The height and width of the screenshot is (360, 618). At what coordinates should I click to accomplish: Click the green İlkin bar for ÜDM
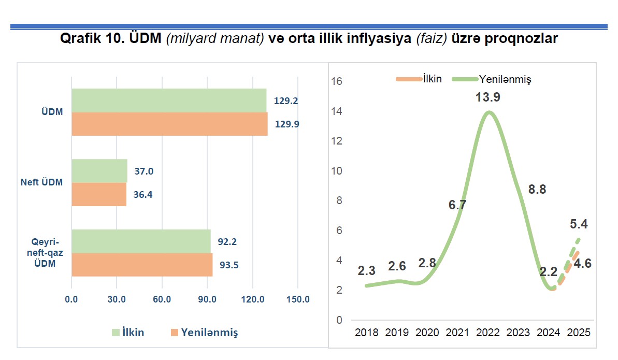click(x=169, y=100)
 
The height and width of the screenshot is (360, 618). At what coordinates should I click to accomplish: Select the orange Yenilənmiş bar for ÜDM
click(x=169, y=124)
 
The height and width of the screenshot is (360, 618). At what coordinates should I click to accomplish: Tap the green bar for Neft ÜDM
click(x=99, y=170)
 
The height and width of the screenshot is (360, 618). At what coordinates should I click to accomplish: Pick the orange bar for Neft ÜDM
click(x=98, y=195)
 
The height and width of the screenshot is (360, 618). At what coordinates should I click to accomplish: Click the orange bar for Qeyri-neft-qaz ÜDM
click(x=142, y=265)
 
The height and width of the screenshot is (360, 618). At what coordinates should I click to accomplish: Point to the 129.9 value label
click(x=286, y=124)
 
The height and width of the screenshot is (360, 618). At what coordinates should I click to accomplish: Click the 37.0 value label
click(x=144, y=171)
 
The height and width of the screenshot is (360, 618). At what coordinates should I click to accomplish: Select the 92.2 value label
click(x=227, y=241)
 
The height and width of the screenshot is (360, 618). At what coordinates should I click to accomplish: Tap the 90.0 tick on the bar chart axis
click(x=207, y=299)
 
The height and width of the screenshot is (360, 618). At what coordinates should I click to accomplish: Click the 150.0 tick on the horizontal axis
click(x=298, y=299)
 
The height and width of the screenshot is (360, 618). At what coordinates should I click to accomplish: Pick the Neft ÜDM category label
click(x=42, y=182)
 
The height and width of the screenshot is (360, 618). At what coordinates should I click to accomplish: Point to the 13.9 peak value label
click(x=487, y=97)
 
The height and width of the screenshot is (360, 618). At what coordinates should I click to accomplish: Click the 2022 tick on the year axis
click(x=488, y=333)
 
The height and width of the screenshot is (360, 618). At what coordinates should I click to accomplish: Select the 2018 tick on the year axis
click(x=367, y=333)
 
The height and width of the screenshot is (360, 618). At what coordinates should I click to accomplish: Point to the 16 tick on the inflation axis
click(x=338, y=81)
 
